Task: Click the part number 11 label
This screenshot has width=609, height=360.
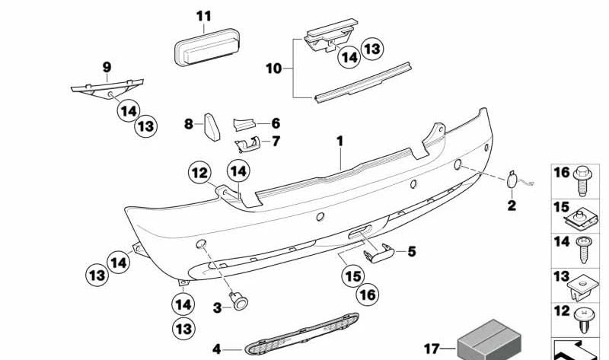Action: point(203,16)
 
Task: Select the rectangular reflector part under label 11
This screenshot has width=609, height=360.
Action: point(206,47)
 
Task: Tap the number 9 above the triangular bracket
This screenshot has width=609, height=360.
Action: point(107,67)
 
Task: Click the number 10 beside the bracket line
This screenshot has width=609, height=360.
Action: point(273,68)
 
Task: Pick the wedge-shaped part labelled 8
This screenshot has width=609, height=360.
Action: point(212,126)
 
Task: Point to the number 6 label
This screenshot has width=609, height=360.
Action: point(276,123)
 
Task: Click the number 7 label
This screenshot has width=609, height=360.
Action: point(276,142)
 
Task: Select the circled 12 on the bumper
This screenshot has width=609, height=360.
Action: point(200,173)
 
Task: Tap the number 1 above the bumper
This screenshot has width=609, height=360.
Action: point(340,142)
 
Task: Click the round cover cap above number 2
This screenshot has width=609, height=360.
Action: point(510,181)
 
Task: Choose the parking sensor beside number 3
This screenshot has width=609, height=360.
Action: point(239,301)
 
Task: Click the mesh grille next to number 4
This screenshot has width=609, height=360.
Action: point(301,334)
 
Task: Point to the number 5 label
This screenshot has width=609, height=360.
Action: point(412,252)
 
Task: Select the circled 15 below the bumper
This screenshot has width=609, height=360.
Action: point(353,276)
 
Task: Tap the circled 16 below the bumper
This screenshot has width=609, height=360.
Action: point(368,295)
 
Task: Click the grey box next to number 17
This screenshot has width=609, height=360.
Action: point(489,340)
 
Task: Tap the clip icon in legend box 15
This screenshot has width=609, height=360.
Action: point(580,220)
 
